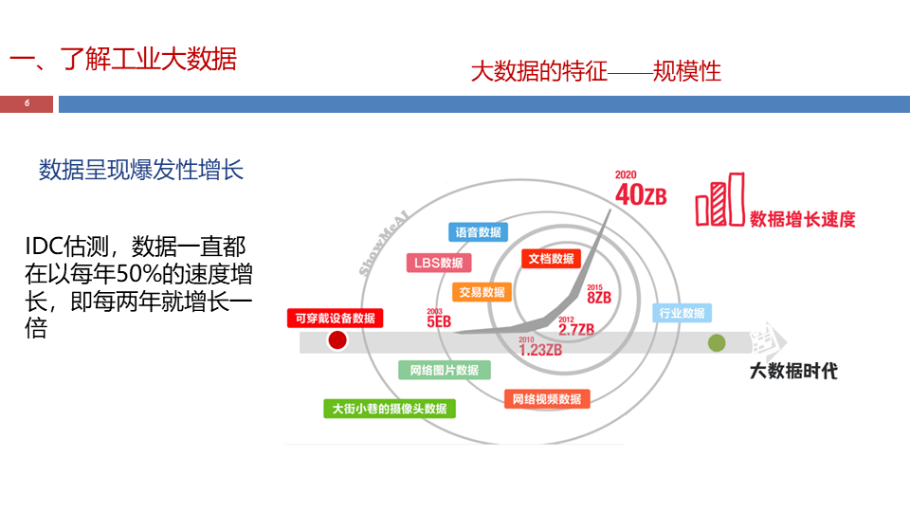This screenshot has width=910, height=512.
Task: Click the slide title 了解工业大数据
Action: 123,59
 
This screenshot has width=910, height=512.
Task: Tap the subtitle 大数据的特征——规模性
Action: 595,71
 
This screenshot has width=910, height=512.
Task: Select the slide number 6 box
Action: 27,103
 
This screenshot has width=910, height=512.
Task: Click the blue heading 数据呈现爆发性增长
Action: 141,171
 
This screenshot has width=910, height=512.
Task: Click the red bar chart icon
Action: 719,199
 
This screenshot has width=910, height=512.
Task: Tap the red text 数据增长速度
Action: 802,219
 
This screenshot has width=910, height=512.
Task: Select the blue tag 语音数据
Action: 478,232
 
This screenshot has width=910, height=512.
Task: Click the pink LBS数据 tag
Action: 439,263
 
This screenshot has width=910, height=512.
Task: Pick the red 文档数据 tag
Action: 551,258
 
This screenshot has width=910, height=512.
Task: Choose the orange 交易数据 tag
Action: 482,292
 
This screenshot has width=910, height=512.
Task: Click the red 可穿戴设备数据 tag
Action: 335,318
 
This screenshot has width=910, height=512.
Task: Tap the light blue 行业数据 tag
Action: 682,313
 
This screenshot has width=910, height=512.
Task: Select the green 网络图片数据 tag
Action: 444,370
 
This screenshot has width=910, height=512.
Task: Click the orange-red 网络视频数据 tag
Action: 547,399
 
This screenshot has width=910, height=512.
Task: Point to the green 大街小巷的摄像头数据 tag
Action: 390,409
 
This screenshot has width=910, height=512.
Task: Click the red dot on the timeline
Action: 337,340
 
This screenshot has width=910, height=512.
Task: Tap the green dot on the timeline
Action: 717,342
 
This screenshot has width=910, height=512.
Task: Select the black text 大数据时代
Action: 793,371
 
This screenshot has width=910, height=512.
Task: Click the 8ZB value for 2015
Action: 598,296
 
